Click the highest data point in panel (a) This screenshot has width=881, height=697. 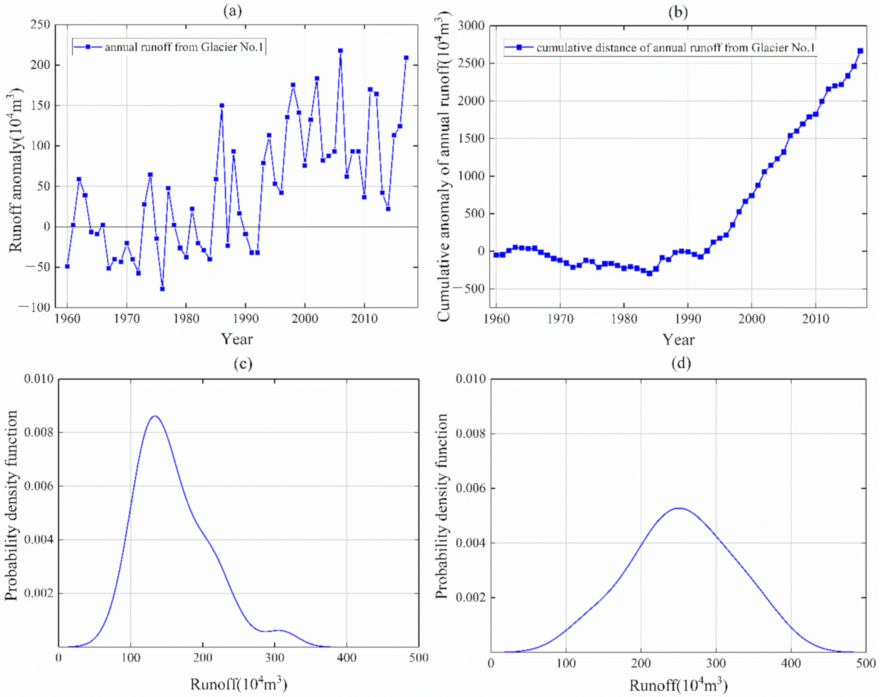340,50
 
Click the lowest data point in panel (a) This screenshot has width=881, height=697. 162,289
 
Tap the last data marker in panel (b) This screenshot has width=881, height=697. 860,50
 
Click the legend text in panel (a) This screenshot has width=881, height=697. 184,47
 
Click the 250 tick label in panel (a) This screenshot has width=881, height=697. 41,25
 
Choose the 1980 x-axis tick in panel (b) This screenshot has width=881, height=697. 623,319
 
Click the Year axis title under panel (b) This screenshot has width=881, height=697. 678,339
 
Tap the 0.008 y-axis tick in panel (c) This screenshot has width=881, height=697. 39,432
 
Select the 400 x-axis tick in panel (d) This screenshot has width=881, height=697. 791,663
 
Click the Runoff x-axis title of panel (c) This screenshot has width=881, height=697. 238,684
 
